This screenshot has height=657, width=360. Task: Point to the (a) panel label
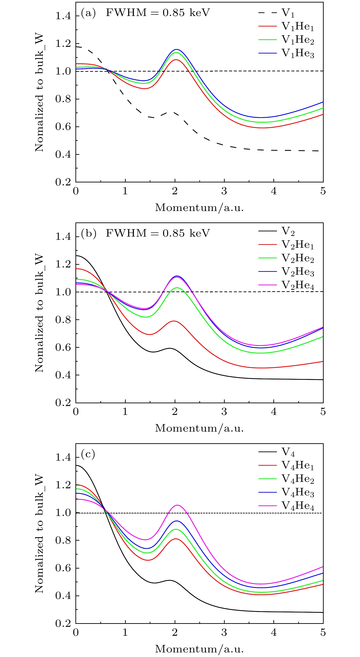tap(88, 13)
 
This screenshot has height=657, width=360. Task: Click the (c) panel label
tap(88, 454)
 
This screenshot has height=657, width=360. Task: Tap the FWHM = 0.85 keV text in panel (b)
tap(158, 233)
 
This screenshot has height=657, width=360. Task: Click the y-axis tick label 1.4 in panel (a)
tap(63, 16)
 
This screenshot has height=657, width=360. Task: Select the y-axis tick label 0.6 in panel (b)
tap(63, 347)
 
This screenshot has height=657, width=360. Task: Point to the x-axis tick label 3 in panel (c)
tap(224, 632)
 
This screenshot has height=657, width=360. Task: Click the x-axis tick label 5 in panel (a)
tap(323, 191)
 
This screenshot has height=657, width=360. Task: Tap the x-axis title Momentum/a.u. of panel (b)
tap(199, 428)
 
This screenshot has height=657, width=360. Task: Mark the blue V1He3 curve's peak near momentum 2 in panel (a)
tap(176, 49)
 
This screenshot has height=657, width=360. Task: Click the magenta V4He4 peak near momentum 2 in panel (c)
tap(177, 505)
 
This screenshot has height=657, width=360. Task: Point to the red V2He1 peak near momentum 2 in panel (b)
tap(174, 321)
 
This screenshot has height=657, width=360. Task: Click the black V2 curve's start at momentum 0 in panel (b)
tap(76, 256)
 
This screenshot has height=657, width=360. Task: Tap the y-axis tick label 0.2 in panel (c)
tap(63, 623)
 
